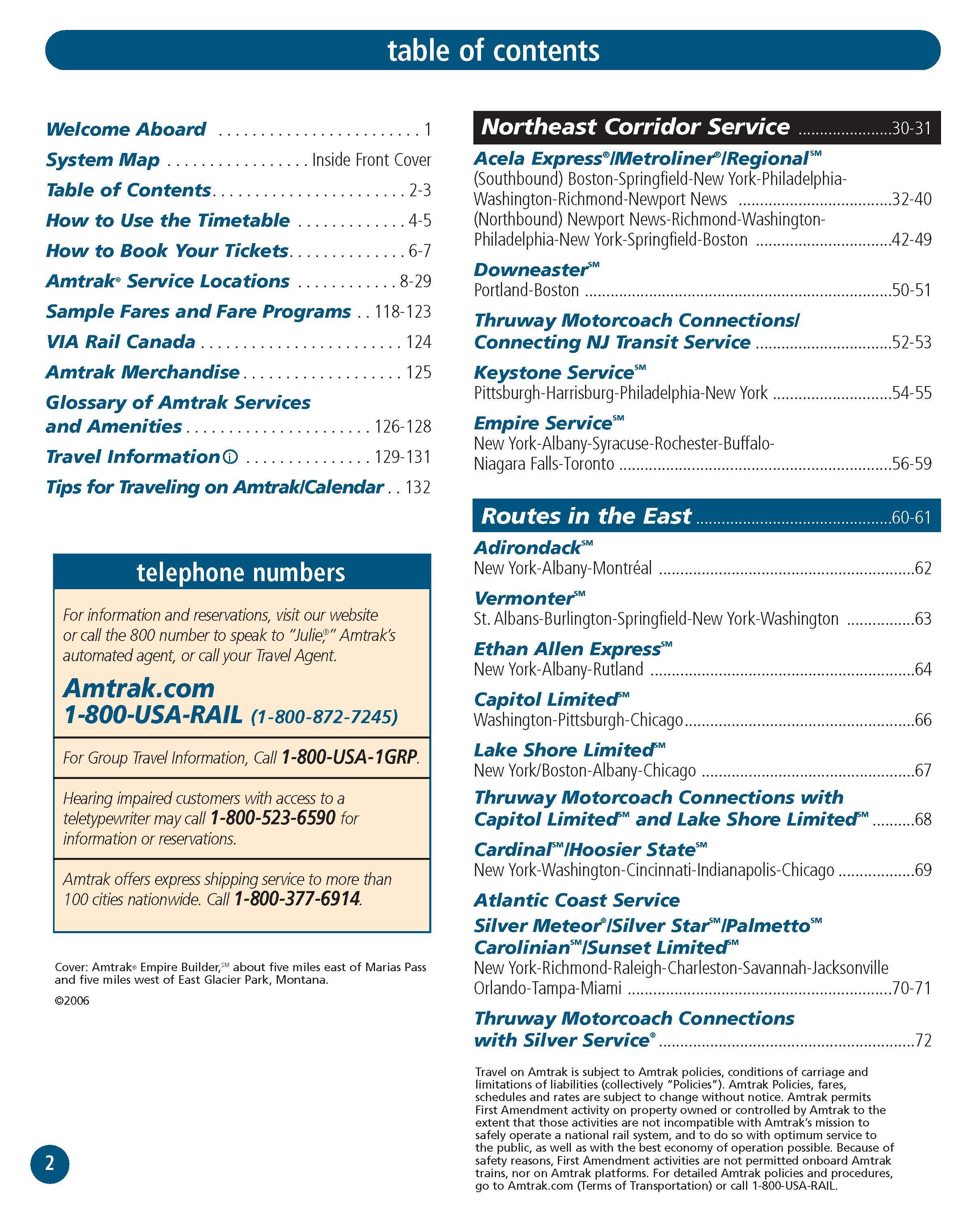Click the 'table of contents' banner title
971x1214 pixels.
(x=493, y=51)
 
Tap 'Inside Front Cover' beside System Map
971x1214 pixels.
(x=371, y=160)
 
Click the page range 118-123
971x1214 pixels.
(x=403, y=311)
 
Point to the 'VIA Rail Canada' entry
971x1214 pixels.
(x=121, y=342)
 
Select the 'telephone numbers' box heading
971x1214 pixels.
(x=241, y=573)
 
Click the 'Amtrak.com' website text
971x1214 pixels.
(x=139, y=688)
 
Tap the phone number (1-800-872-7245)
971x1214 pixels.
(x=324, y=716)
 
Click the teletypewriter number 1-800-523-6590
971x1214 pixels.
(x=273, y=817)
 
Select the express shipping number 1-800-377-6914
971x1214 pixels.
(x=297, y=899)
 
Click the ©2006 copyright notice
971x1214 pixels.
(x=72, y=1001)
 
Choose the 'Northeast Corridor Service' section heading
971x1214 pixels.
(x=635, y=127)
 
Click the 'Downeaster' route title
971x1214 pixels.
(x=531, y=270)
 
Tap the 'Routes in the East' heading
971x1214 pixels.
(x=586, y=516)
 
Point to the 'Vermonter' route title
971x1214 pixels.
(x=524, y=598)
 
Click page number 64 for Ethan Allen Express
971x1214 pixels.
(x=923, y=669)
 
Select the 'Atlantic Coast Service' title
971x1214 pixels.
(x=577, y=900)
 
